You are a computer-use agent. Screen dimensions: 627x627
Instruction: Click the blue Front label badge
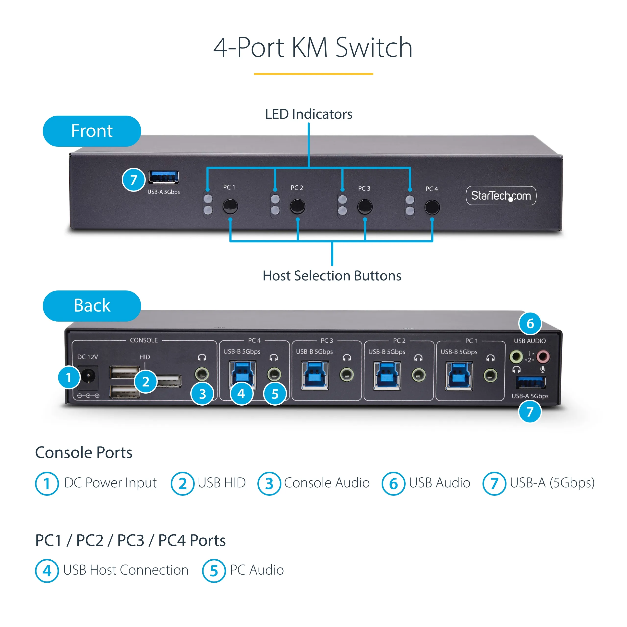click(x=92, y=131)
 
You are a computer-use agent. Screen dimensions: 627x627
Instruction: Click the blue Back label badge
click(x=92, y=306)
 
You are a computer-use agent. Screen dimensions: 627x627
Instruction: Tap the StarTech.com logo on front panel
click(x=501, y=196)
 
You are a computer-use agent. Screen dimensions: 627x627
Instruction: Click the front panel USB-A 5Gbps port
click(x=163, y=177)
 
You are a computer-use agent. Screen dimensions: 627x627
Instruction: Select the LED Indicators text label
click(x=308, y=114)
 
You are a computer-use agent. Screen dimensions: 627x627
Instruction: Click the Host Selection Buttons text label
click(x=332, y=276)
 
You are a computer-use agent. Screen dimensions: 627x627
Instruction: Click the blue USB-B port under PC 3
click(x=315, y=376)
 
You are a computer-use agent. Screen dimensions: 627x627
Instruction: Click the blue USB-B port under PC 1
click(x=459, y=376)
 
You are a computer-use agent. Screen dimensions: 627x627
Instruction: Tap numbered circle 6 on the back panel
click(x=530, y=323)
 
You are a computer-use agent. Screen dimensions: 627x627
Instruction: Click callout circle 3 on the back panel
click(x=202, y=394)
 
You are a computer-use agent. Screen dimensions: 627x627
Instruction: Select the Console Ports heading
click(x=84, y=452)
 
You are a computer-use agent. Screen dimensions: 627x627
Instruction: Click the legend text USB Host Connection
click(x=126, y=570)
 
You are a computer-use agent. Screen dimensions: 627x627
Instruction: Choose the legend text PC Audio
click(x=257, y=570)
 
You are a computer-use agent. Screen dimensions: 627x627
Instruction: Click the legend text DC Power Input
click(x=110, y=483)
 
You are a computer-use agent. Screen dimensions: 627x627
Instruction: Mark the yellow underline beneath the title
click(x=313, y=74)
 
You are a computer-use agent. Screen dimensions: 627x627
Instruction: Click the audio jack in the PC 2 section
click(x=419, y=375)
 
